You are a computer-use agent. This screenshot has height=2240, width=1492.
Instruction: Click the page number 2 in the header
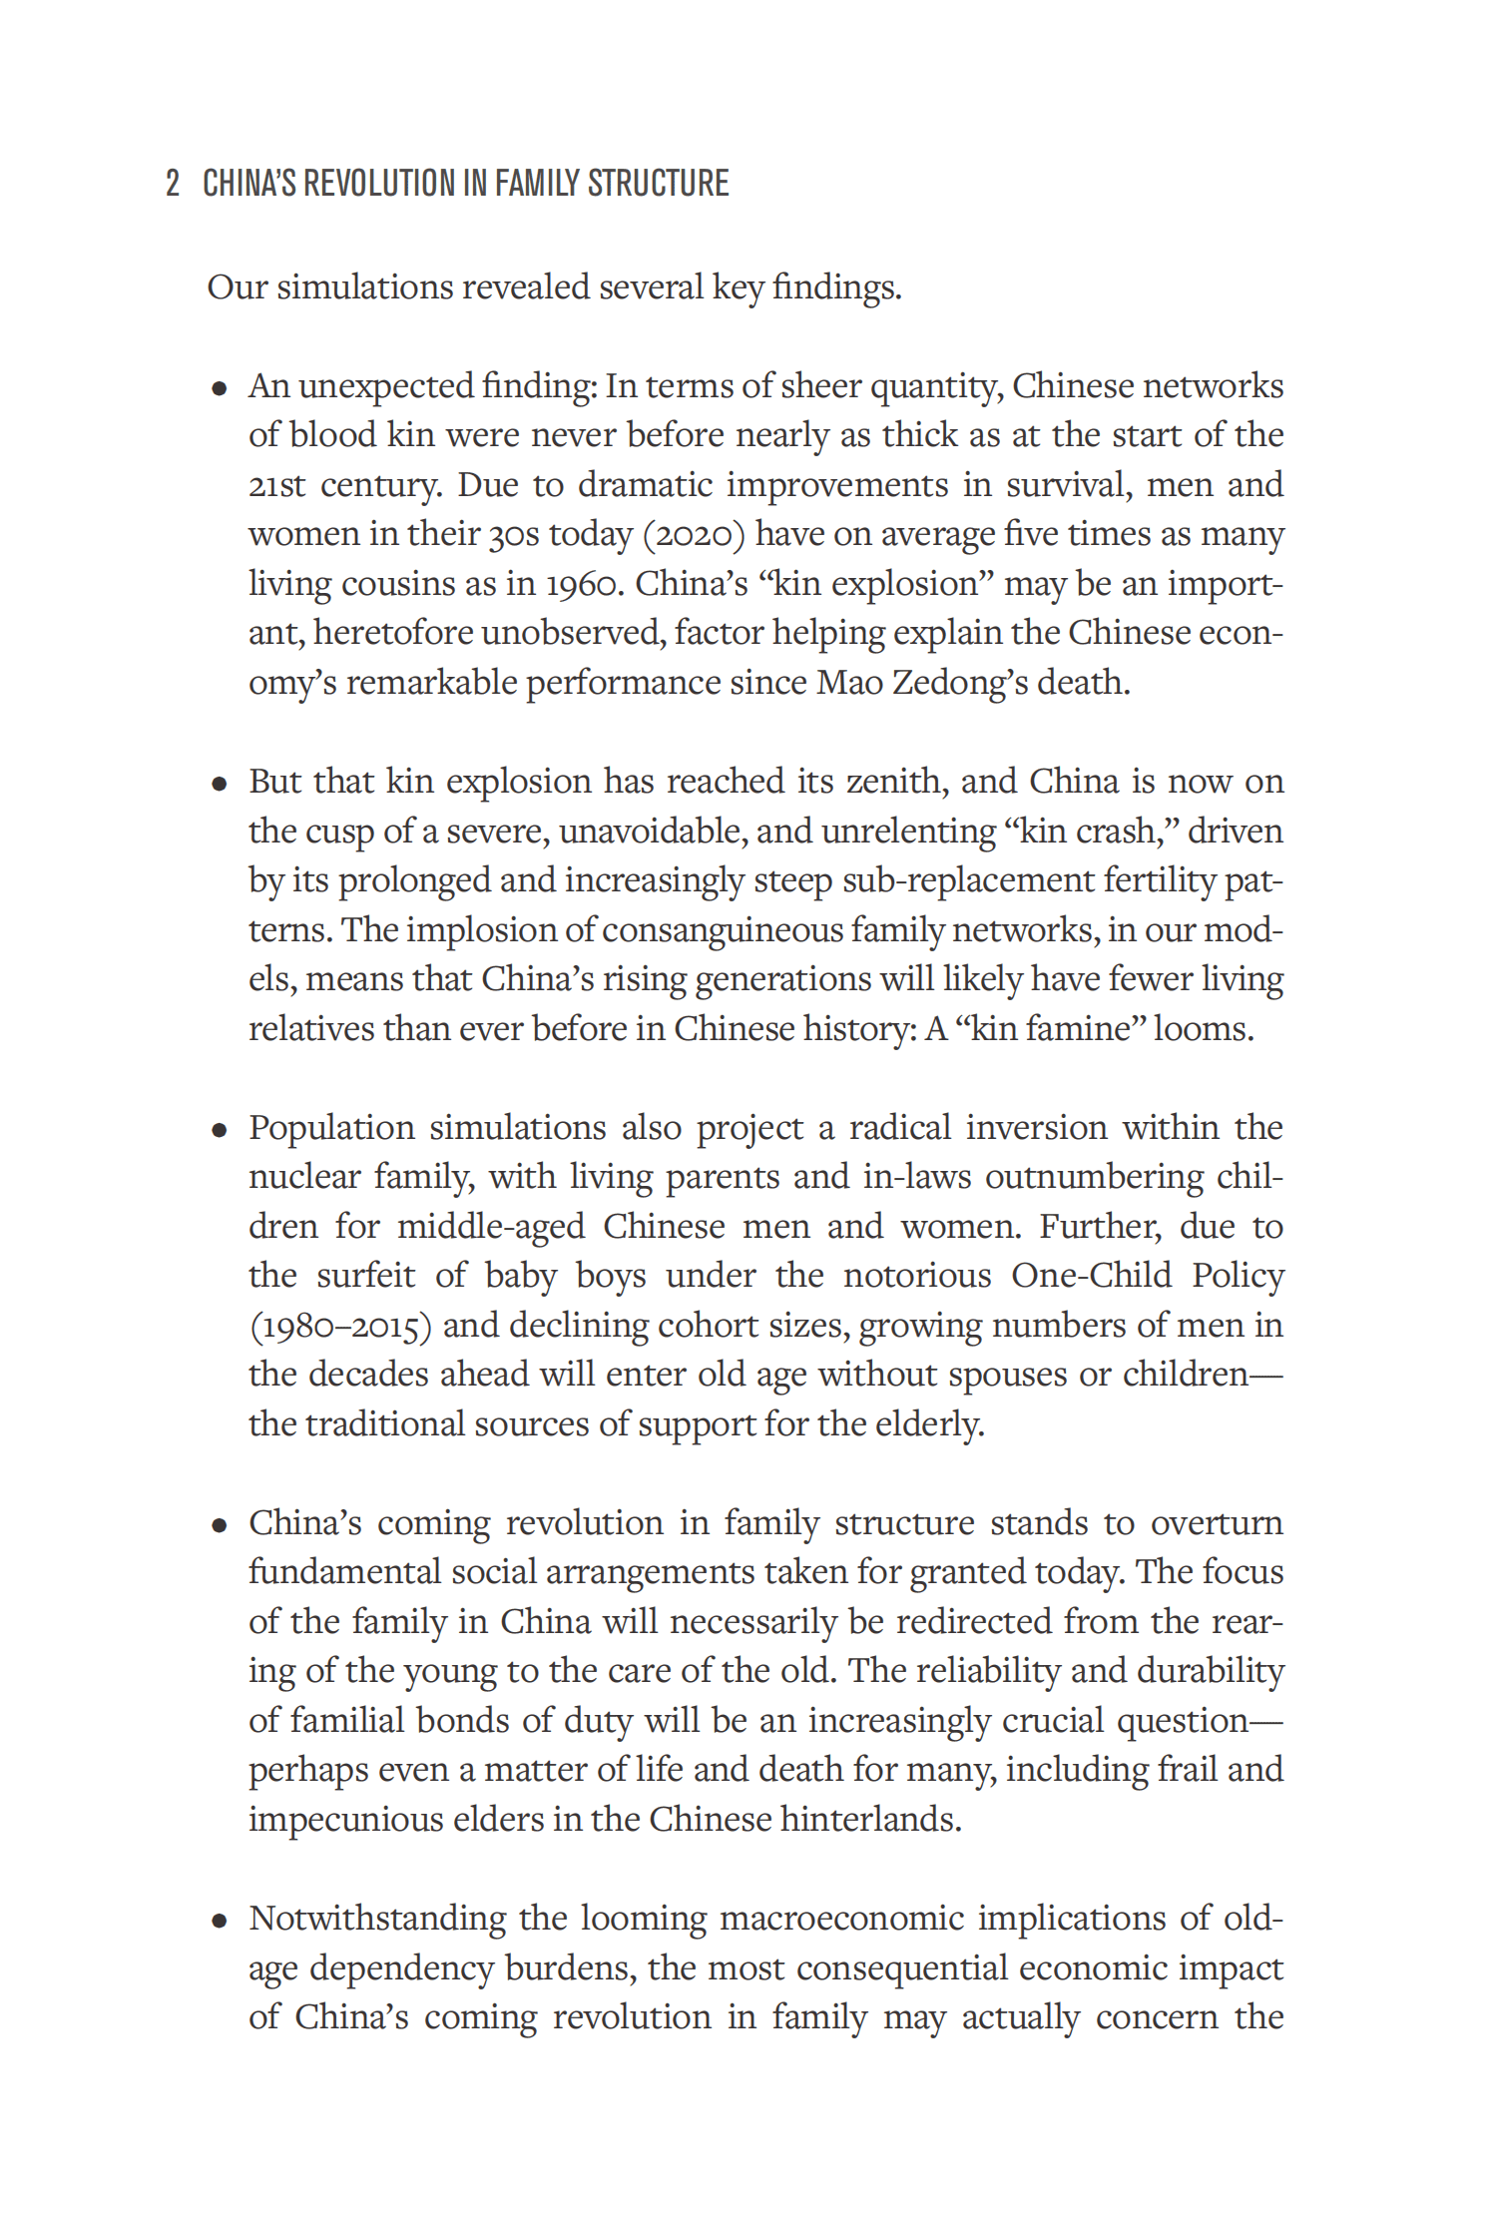point(173,184)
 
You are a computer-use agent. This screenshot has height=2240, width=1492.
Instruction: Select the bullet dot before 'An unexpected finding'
point(220,389)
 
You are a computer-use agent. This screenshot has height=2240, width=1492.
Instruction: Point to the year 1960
point(585,584)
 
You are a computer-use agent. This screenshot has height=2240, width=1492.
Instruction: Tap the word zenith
point(895,781)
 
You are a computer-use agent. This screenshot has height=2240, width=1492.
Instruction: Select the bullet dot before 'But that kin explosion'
point(220,785)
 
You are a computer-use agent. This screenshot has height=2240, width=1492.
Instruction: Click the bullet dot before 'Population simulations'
point(220,1131)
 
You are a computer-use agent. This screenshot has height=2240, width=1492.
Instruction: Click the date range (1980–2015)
point(339,1326)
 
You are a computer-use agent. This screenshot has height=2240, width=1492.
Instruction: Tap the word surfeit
point(365,1276)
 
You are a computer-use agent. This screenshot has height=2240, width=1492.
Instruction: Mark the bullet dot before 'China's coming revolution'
point(220,1526)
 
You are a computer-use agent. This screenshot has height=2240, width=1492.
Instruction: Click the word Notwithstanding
point(377,1918)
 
